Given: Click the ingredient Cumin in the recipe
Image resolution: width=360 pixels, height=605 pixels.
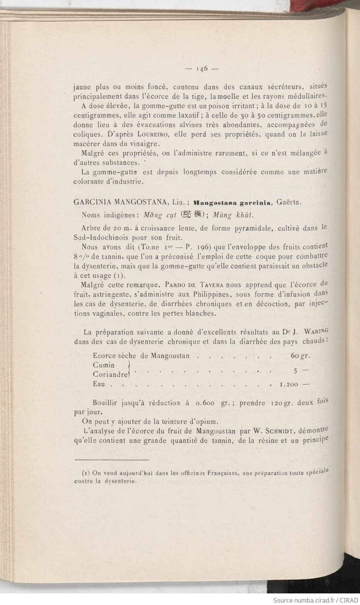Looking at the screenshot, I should tap(104, 365).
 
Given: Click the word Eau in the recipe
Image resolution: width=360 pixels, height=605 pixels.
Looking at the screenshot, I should tap(99, 384).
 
